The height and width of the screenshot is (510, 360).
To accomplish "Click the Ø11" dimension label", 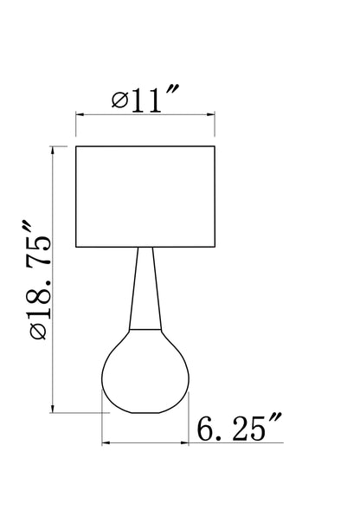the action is [145, 99].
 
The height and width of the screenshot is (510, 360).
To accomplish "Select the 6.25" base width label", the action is [239, 427].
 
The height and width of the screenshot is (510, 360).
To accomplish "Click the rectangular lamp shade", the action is [145, 197].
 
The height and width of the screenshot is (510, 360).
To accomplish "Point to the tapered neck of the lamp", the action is [145, 289].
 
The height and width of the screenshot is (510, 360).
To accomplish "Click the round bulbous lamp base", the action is [145, 371].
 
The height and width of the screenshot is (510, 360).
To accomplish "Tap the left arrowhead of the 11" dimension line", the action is [80, 114].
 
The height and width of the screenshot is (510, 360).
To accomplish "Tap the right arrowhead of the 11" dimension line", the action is [210, 114].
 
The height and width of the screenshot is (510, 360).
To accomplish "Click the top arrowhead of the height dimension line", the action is [53, 151].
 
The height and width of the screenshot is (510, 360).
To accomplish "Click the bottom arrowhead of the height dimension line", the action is [53, 409].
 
